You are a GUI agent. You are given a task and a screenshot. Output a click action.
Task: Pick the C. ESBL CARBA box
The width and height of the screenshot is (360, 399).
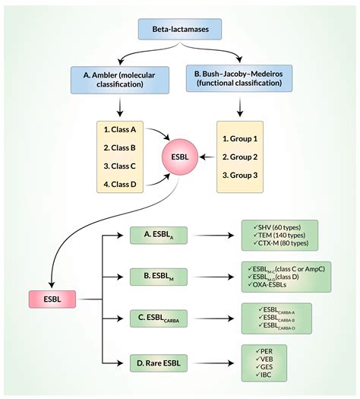pyautogui.click(x=160, y=318)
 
